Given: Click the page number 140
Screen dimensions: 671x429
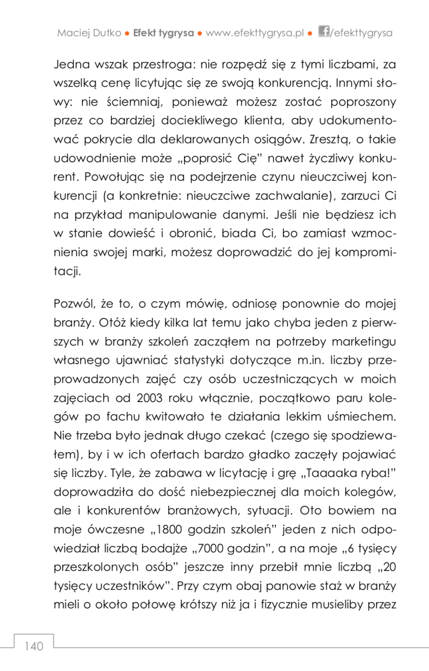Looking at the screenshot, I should pyautogui.click(x=34, y=646).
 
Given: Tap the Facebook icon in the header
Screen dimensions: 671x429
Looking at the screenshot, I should pyautogui.click(x=323, y=31).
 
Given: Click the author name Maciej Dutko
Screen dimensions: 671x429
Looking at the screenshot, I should pyautogui.click(x=89, y=33).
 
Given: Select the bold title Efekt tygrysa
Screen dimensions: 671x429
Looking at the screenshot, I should pyautogui.click(x=163, y=33).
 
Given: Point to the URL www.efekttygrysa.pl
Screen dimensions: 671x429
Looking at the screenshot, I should pyautogui.click(x=255, y=33).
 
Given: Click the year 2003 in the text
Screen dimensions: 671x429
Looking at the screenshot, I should pyautogui.click(x=149, y=398).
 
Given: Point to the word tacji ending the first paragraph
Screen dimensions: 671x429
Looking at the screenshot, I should pyautogui.click(x=67, y=271).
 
